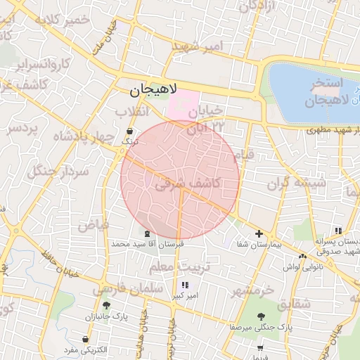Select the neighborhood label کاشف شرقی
click(x=187, y=184)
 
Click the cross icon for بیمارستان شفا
click(x=259, y=233)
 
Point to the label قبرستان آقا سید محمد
click(x=147, y=243)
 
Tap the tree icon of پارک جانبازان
click(x=106, y=305)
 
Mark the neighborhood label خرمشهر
click(x=254, y=290)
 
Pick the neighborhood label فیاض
click(x=93, y=226)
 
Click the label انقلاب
click(x=131, y=112)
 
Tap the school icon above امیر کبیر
click(x=186, y=285)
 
